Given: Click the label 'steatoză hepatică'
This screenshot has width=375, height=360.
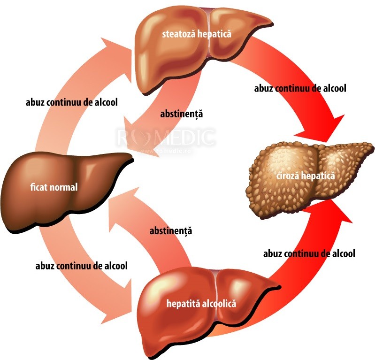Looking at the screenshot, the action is [x=197, y=34].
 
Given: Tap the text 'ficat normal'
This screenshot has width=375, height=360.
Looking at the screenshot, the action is [x=54, y=187].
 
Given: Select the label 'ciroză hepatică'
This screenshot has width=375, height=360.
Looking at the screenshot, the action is [x=306, y=176].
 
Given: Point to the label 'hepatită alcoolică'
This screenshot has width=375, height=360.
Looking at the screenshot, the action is [x=201, y=304].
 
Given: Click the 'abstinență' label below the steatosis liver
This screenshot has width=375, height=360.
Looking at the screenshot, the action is [x=182, y=114].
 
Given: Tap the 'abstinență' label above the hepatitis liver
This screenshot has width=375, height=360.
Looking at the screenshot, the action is [x=171, y=231].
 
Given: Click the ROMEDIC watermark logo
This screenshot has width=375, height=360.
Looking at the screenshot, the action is [x=166, y=138].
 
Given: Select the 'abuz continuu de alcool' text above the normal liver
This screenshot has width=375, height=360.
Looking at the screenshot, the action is [x=72, y=102].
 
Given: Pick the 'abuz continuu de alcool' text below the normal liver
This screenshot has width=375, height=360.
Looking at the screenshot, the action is [x=82, y=266].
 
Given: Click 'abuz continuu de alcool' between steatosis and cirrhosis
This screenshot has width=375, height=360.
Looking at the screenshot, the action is [x=300, y=88].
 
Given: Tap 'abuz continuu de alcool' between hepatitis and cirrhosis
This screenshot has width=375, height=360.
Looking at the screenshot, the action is [x=309, y=253].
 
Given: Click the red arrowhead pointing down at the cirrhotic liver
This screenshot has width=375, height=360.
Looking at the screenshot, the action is [x=324, y=128].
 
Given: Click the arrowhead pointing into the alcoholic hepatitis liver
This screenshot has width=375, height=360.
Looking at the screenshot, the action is [x=118, y=301].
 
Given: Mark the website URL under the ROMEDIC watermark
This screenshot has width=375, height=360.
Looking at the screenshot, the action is [x=165, y=151].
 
